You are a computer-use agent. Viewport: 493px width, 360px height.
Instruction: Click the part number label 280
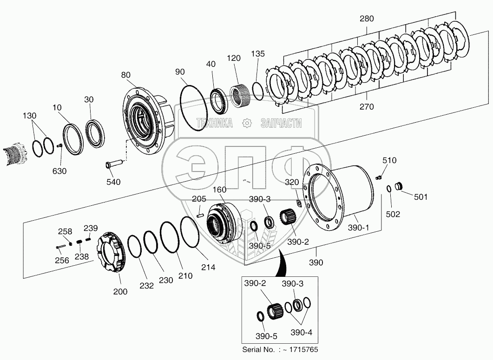[x=366, y=19]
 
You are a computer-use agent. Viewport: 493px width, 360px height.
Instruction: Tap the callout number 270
[x=366, y=107]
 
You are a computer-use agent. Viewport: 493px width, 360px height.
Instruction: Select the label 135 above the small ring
[x=258, y=54]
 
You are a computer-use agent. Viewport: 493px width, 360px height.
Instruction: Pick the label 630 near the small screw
[x=59, y=171]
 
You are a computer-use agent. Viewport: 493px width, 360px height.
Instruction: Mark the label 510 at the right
[x=389, y=161]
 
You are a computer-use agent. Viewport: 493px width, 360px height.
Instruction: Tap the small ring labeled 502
[x=389, y=189]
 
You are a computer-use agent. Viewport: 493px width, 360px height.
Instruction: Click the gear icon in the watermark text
[x=247, y=123]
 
